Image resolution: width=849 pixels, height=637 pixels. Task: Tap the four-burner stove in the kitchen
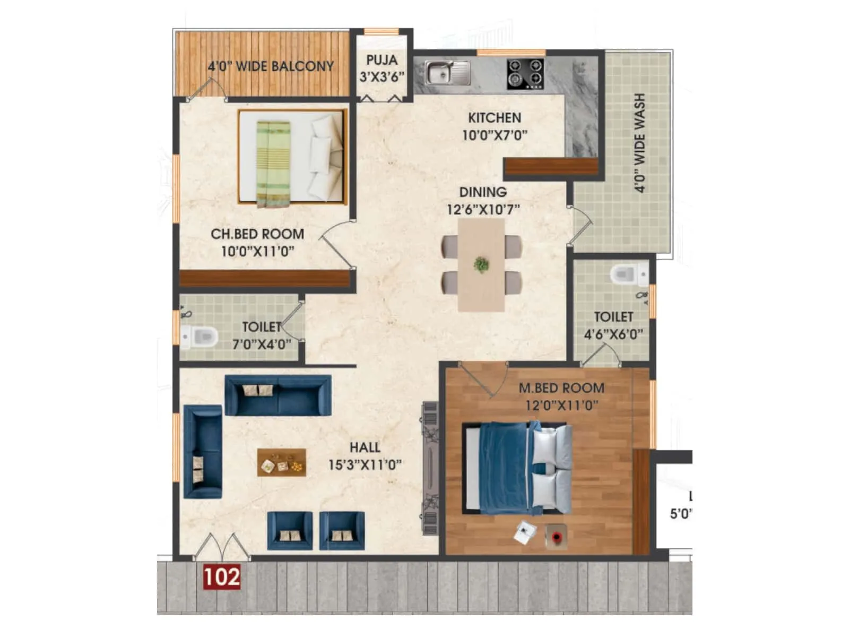click(525, 73)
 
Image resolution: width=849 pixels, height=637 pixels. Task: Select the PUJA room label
click(382, 60)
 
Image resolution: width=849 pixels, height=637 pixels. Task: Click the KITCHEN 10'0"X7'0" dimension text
click(495, 135)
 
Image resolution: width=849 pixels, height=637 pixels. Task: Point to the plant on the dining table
click(481, 264)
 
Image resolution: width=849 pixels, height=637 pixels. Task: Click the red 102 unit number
click(222, 577)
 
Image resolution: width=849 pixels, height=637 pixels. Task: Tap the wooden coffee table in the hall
click(281, 462)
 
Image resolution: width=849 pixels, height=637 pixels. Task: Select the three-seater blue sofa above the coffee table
click(278, 395)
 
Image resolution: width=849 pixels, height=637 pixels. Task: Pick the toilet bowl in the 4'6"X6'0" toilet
click(628, 274)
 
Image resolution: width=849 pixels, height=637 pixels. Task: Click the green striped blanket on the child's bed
click(273, 164)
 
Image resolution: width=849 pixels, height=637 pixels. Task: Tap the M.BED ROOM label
click(561, 388)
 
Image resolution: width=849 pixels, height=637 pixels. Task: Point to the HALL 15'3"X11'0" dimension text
click(365, 465)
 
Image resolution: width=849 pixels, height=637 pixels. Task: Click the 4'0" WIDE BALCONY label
click(271, 66)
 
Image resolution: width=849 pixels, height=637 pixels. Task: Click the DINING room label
click(482, 192)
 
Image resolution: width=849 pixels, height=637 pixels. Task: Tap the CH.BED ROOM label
click(257, 234)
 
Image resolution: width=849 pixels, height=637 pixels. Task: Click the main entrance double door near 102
click(221, 547)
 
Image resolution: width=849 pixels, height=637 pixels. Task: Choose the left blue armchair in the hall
click(289, 530)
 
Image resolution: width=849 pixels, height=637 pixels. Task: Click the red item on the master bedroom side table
click(556, 537)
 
